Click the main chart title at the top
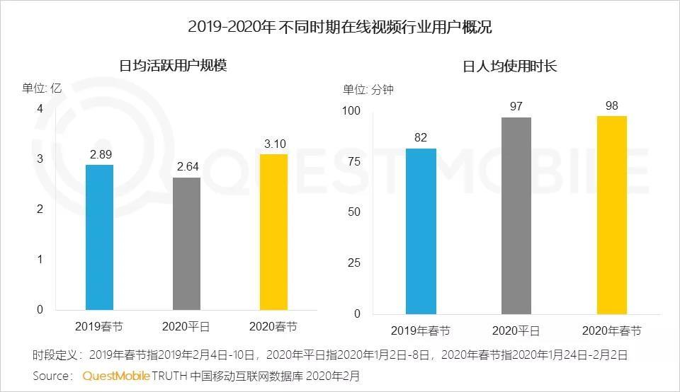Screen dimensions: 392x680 pyautogui.click(x=340, y=28)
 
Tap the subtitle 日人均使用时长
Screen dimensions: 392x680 pyautogui.click(x=509, y=66)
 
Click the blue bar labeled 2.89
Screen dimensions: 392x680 pyautogui.click(x=99, y=237)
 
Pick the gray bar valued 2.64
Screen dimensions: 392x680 pyautogui.click(x=187, y=243)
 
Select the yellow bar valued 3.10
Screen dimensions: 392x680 pyautogui.click(x=274, y=231)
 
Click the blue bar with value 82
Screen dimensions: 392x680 pyautogui.click(x=421, y=231)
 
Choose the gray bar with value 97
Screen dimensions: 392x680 pyautogui.click(x=516, y=216)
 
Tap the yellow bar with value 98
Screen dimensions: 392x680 pyautogui.click(x=611, y=214)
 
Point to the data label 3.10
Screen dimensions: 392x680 pyautogui.click(x=274, y=144)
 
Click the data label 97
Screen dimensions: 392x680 pyautogui.click(x=516, y=106)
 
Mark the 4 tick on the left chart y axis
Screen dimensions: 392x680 pyautogui.click(x=40, y=108)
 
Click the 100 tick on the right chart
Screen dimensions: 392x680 pyautogui.click(x=351, y=111)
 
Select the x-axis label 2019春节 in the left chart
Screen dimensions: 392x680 pyautogui.click(x=98, y=327)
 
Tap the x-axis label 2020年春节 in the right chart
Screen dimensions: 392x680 pyautogui.click(x=611, y=331)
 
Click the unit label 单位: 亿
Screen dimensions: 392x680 pyautogui.click(x=42, y=88)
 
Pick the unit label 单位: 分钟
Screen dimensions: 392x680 pyautogui.click(x=368, y=89)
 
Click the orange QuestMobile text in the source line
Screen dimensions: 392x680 pyautogui.click(x=115, y=375)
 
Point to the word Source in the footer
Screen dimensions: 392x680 pyautogui.click(x=52, y=375)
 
